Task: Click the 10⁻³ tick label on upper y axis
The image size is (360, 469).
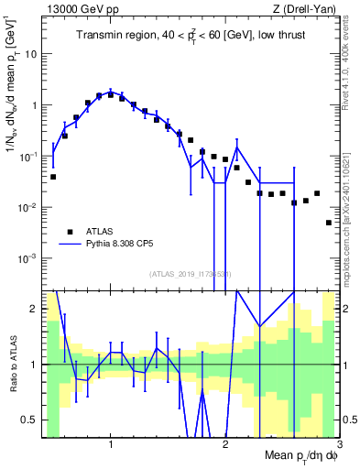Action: tap(29, 259)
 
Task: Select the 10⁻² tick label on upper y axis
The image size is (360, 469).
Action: tap(29, 208)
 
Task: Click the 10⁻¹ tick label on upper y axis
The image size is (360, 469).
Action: tap(29, 157)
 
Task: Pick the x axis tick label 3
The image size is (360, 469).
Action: tap(338, 445)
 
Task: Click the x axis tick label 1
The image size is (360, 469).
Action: tap(111, 445)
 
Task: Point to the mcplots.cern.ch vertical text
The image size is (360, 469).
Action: tap(351, 211)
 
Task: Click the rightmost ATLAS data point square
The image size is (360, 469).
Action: tap(329, 223)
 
